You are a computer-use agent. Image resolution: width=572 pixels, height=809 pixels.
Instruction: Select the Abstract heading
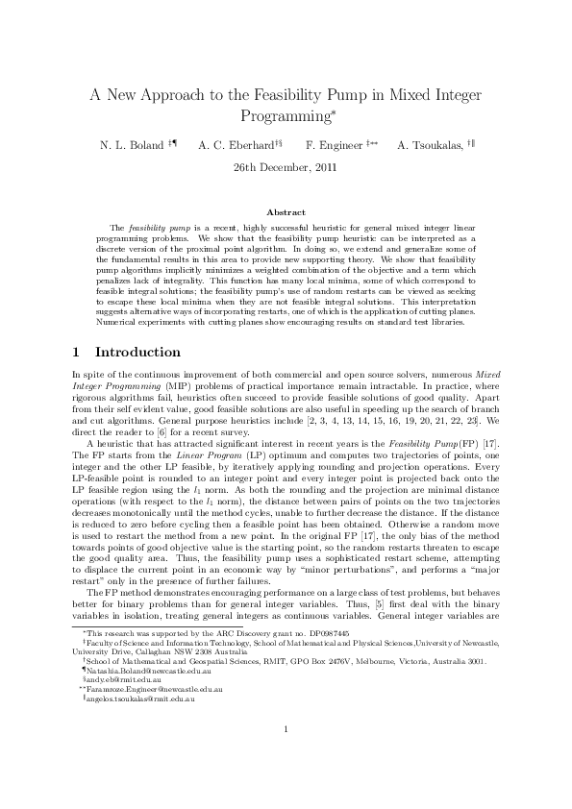(286, 211)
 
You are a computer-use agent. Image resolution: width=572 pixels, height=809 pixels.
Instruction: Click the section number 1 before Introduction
(77, 353)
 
